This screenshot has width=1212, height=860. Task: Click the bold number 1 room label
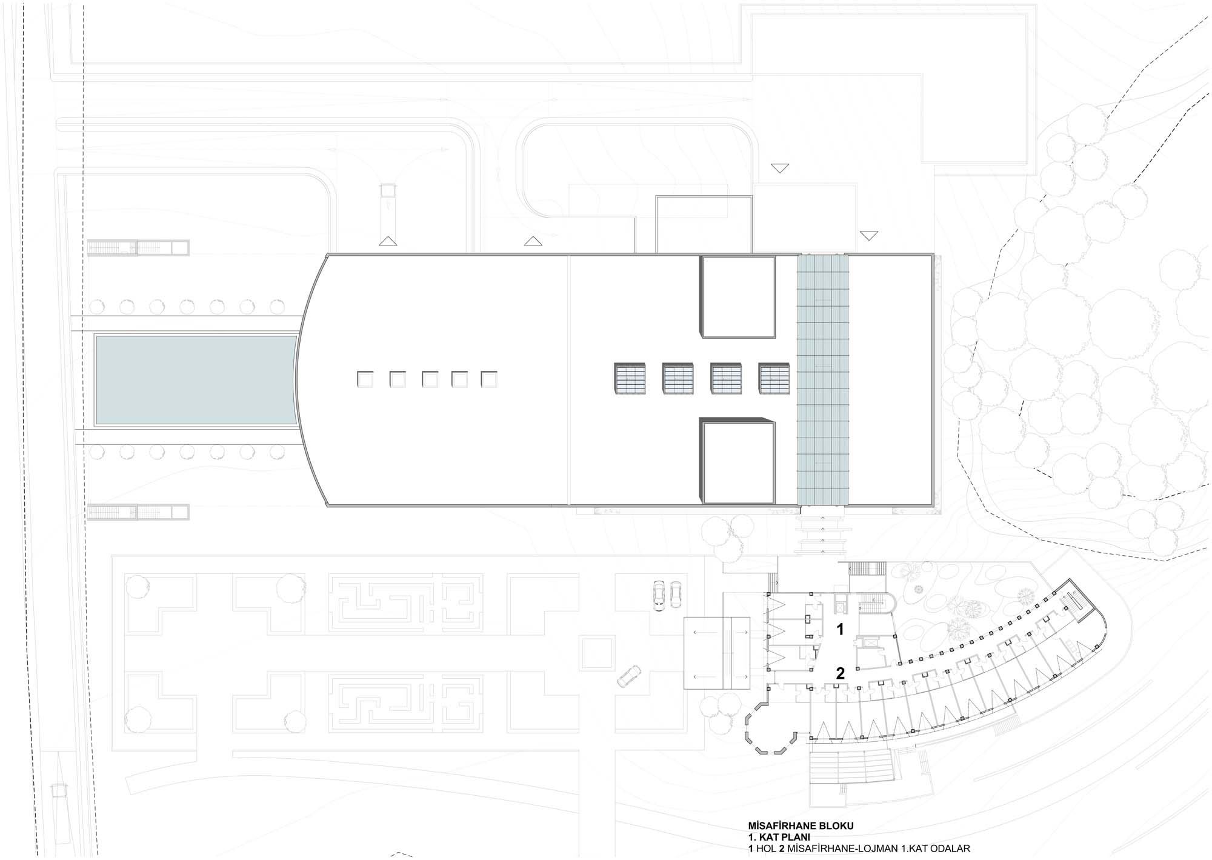pos(840,629)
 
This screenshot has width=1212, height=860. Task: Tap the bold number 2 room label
pos(840,673)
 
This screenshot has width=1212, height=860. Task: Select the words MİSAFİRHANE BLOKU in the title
pos(801,826)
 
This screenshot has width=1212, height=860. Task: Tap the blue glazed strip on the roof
pos(822,380)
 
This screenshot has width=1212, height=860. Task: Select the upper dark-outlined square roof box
pos(738,297)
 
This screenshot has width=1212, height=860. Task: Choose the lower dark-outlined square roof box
pos(738,462)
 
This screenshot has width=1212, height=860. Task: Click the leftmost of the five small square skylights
pos(365,379)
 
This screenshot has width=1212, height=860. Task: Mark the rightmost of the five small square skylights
pos(489,379)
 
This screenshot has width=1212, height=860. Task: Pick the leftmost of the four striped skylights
pos(630,379)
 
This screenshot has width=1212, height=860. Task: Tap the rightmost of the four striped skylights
pos(774,379)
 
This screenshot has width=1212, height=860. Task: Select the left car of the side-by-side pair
pos(659,596)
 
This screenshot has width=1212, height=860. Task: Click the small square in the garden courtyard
pos(596,653)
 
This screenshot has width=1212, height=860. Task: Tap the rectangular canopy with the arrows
pos(717,653)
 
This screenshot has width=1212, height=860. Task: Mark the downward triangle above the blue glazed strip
pos(869,235)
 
